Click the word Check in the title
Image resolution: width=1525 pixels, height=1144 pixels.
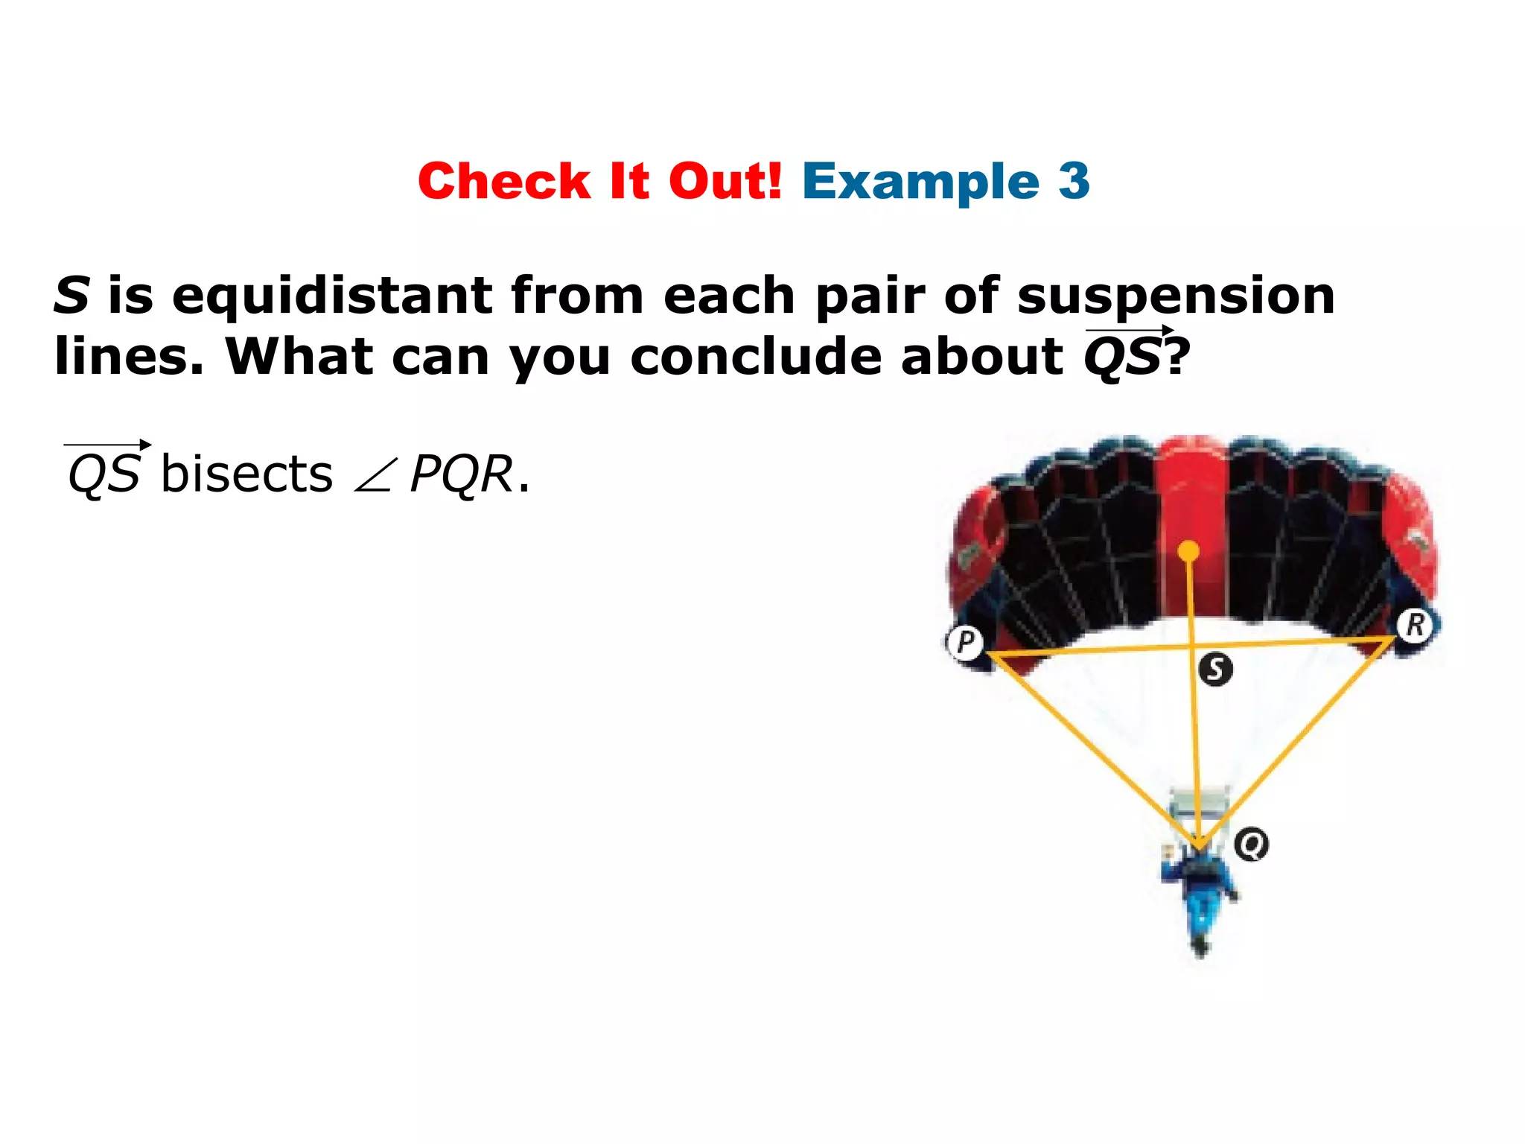coord(504,181)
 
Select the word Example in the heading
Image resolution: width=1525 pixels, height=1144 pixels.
coord(920,181)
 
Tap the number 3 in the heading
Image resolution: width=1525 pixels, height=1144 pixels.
coord(1074,181)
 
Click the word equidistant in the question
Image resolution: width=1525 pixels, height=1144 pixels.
coord(331,295)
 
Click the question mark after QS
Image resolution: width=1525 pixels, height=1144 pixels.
coord(1177,356)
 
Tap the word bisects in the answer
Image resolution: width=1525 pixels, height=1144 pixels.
coord(246,474)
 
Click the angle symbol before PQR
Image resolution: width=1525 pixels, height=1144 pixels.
coord(372,477)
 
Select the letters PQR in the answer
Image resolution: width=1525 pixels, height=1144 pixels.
coord(461,474)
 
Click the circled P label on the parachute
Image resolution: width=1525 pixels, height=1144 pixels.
coord(965,641)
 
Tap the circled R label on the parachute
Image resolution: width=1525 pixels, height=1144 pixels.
coord(1415,624)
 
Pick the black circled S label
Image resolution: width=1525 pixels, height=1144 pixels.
coord(1215,669)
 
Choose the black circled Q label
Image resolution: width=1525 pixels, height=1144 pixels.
coord(1252,845)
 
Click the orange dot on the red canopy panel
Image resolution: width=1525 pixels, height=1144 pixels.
coord(1189,552)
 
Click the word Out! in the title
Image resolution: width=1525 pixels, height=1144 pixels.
coord(725,181)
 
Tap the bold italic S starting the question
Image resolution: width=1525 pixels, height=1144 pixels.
coord(72,295)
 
